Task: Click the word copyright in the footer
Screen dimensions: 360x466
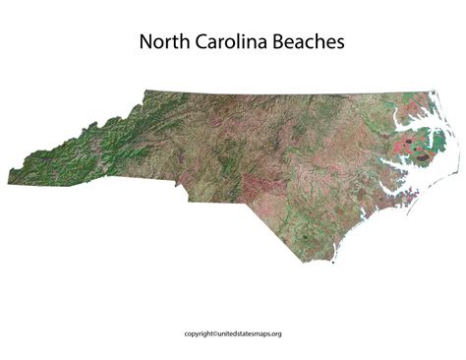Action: click(202, 332)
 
